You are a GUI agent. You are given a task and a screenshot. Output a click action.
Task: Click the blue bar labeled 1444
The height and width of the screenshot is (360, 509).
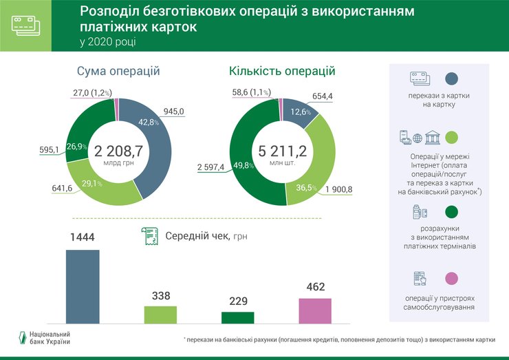tap(82, 286)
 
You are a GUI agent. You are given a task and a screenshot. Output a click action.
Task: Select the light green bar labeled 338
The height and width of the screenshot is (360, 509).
tap(160, 314)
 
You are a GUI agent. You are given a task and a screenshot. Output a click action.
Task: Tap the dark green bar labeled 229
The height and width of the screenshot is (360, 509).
tap(237, 317)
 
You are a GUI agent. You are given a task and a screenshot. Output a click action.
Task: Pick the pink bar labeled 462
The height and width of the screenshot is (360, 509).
tap(314, 310)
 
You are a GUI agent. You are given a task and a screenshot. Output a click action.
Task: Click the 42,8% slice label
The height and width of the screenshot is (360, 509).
tap(149, 122)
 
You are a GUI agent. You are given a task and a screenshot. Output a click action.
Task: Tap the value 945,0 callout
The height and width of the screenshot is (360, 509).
tap(173, 109)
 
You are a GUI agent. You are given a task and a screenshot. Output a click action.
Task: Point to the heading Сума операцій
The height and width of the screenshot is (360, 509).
tap(118, 72)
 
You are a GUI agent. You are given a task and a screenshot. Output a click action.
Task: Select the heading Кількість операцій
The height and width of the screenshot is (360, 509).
tap(282, 72)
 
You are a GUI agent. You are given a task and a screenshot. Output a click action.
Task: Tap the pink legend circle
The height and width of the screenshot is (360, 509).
tap(452, 278)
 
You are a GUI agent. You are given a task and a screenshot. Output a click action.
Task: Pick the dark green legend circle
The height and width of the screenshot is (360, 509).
tap(452, 211)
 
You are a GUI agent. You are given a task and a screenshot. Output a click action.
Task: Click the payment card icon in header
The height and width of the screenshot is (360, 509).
tap(25, 25)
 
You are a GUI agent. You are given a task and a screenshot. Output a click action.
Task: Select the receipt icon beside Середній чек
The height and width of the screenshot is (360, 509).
tap(148, 236)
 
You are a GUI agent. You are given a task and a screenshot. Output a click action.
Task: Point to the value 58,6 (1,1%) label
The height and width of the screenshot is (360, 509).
tap(251, 92)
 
